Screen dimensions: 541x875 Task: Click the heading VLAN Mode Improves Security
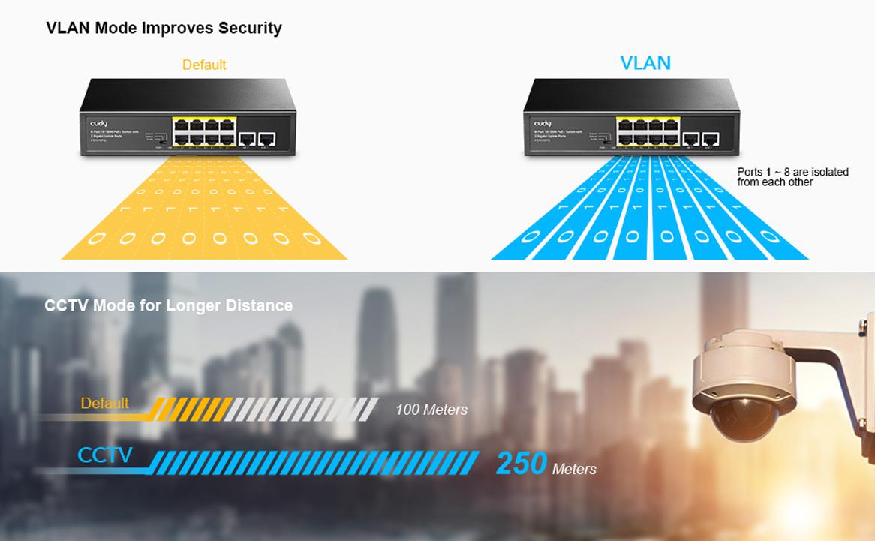(x=164, y=28)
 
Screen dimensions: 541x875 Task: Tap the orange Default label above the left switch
(x=204, y=65)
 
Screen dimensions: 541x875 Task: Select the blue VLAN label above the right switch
(x=645, y=63)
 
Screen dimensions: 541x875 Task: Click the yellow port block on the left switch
(x=203, y=131)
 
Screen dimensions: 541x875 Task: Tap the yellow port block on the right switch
(x=648, y=131)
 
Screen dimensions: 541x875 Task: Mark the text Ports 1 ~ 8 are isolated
(x=792, y=173)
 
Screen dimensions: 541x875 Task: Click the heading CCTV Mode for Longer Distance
(x=169, y=305)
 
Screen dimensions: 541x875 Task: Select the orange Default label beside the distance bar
(x=105, y=404)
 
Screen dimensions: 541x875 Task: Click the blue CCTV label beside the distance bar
(x=105, y=455)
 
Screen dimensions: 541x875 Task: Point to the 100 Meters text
(x=431, y=410)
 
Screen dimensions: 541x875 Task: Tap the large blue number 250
(x=521, y=464)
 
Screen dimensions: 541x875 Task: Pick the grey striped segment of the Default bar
(x=300, y=409)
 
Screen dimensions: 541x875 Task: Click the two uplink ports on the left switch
(x=257, y=138)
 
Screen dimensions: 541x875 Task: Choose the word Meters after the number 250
(x=574, y=470)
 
